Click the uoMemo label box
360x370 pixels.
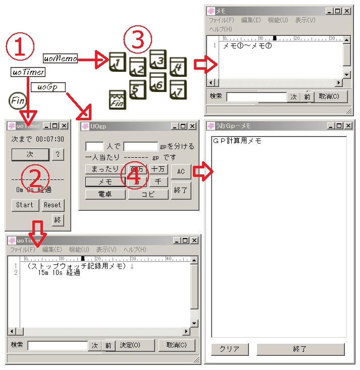pyautogui.click(x=60, y=59)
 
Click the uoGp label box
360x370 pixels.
pyautogui.click(x=48, y=87)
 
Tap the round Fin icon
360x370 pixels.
pyautogui.click(x=18, y=100)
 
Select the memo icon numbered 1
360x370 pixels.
pyautogui.click(x=117, y=62)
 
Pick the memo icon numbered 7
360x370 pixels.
pyautogui.click(x=177, y=89)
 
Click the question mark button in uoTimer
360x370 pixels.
pyautogui.click(x=58, y=155)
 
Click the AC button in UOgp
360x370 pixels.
pyautogui.click(x=181, y=171)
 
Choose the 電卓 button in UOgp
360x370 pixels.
pyautogui.click(x=105, y=194)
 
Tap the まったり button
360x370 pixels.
pyautogui.click(x=105, y=169)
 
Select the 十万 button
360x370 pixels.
pyautogui.click(x=159, y=169)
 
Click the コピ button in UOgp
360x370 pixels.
pyautogui.click(x=147, y=194)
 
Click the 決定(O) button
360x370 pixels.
pyautogui.click(x=130, y=345)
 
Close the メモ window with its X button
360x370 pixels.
pyautogui.click(x=346, y=11)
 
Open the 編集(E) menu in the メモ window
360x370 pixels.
pyautogui.click(x=250, y=20)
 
